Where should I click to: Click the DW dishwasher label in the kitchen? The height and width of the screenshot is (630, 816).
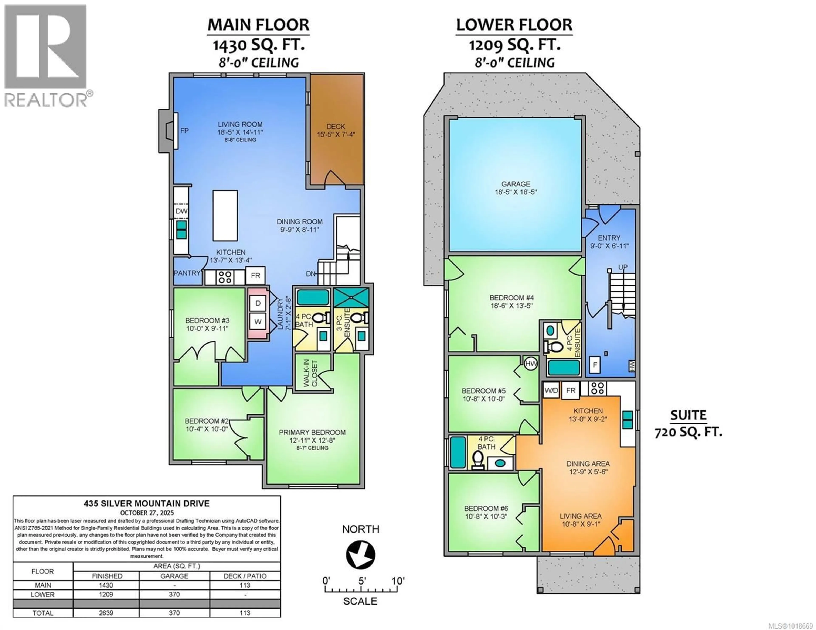(x=182, y=211)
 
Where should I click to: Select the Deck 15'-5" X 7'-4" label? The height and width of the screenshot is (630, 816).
(x=336, y=130)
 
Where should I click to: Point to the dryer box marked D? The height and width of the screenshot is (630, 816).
(x=258, y=303)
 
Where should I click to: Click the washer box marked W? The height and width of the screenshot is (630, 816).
(x=258, y=321)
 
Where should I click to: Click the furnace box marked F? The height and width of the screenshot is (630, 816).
(x=595, y=365)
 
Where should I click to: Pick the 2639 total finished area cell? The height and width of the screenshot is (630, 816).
(x=106, y=613)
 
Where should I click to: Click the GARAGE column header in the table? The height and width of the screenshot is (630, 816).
(x=174, y=576)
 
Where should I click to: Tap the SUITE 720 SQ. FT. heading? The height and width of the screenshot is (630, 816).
(x=688, y=423)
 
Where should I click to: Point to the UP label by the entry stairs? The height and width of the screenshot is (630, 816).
(x=622, y=267)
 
